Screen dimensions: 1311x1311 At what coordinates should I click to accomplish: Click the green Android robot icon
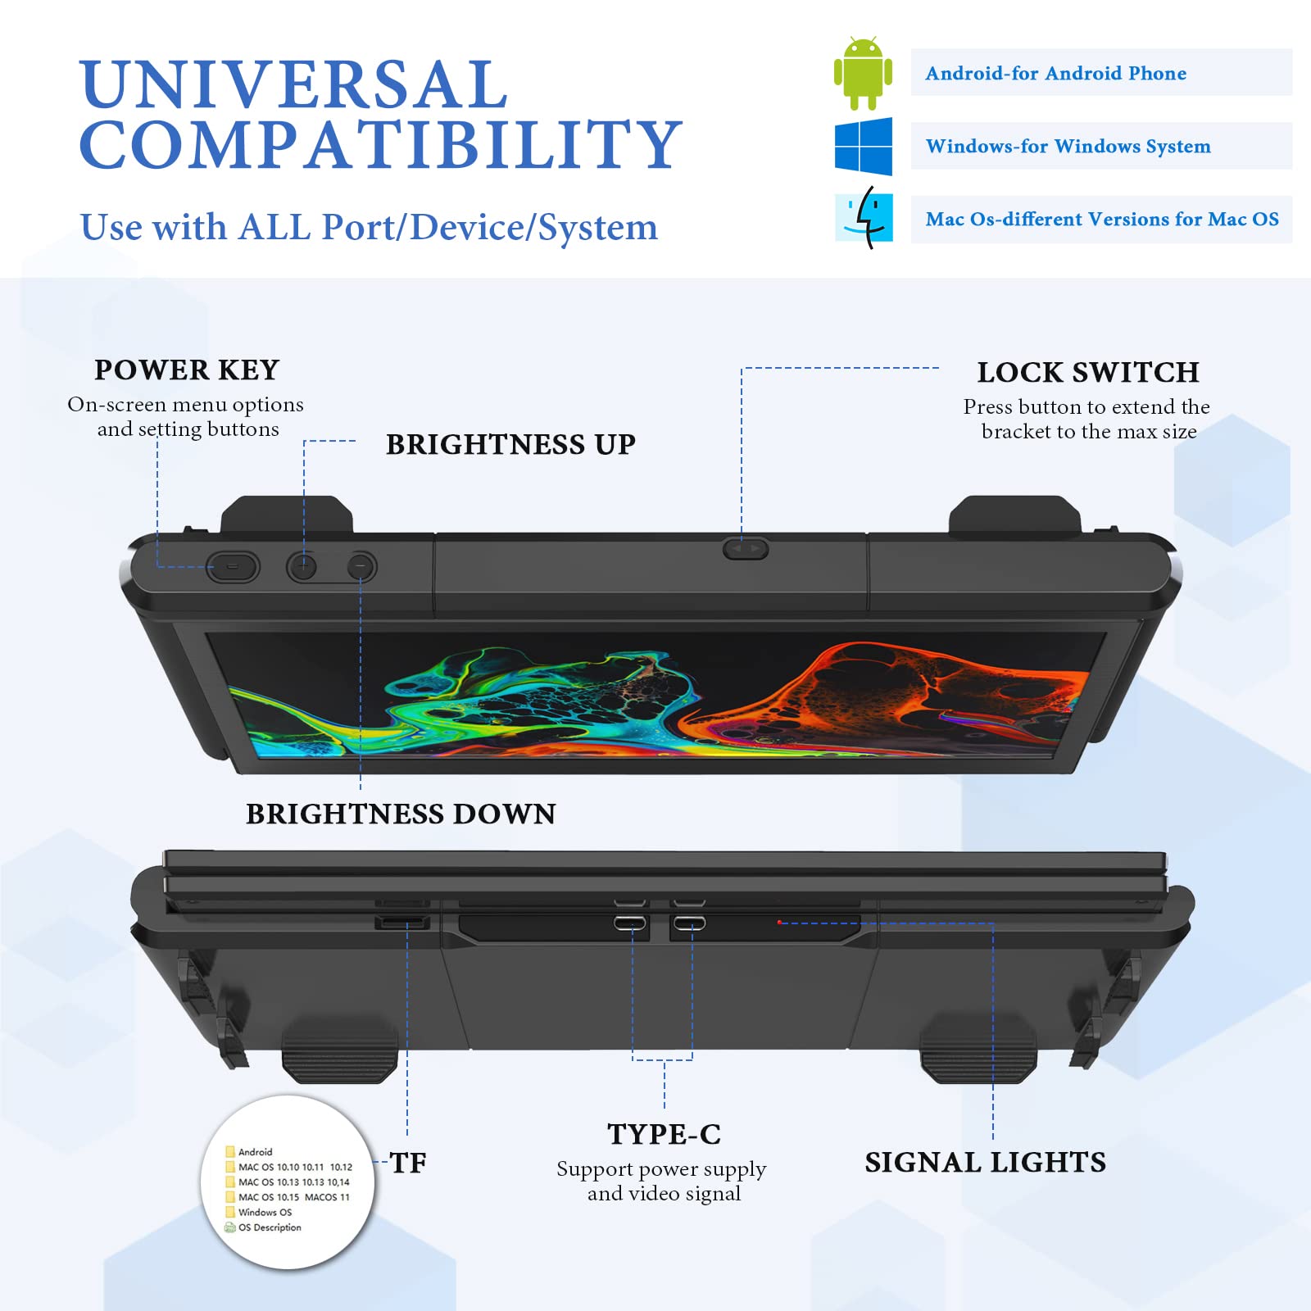(863, 73)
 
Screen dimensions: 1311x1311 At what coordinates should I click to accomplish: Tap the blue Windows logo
(864, 146)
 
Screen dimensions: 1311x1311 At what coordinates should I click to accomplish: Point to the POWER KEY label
(187, 370)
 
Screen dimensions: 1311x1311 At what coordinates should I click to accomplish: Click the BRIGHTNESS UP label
(510, 444)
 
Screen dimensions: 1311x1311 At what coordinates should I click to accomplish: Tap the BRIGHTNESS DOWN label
(401, 814)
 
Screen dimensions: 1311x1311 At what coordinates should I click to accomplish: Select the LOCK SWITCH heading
(1088, 372)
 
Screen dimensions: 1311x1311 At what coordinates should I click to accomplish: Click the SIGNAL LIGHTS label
(985, 1162)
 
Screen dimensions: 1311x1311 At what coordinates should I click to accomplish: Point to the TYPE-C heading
(664, 1134)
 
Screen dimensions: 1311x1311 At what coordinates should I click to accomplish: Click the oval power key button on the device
(233, 566)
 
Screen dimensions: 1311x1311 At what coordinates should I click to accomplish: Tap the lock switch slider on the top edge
(746, 548)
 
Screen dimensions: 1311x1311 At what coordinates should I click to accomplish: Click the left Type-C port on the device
(630, 923)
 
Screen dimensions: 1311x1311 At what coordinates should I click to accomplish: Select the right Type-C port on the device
(689, 923)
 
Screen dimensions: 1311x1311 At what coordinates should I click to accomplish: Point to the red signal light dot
(779, 922)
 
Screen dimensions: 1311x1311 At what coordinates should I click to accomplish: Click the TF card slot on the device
(402, 923)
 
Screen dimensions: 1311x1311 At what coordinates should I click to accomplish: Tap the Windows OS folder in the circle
(259, 1212)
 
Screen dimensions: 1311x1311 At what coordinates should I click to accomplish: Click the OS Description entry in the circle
(263, 1227)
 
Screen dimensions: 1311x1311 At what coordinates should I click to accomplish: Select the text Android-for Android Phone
(1055, 73)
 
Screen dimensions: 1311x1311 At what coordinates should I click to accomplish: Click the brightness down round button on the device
(361, 566)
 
